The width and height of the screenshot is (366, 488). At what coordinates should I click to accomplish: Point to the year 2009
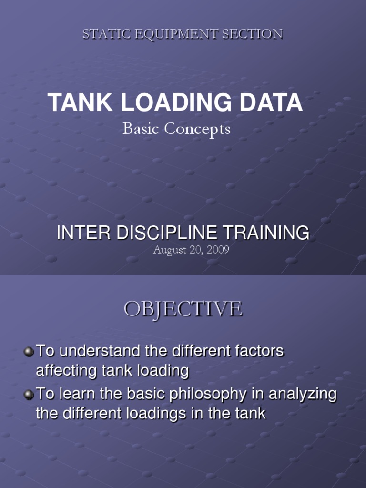coord(218,250)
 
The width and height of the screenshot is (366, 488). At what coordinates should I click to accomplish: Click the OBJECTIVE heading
coord(183,309)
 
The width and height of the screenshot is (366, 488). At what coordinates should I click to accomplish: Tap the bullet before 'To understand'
coord(29,352)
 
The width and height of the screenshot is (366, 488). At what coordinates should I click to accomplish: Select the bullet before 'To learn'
coord(29,395)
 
